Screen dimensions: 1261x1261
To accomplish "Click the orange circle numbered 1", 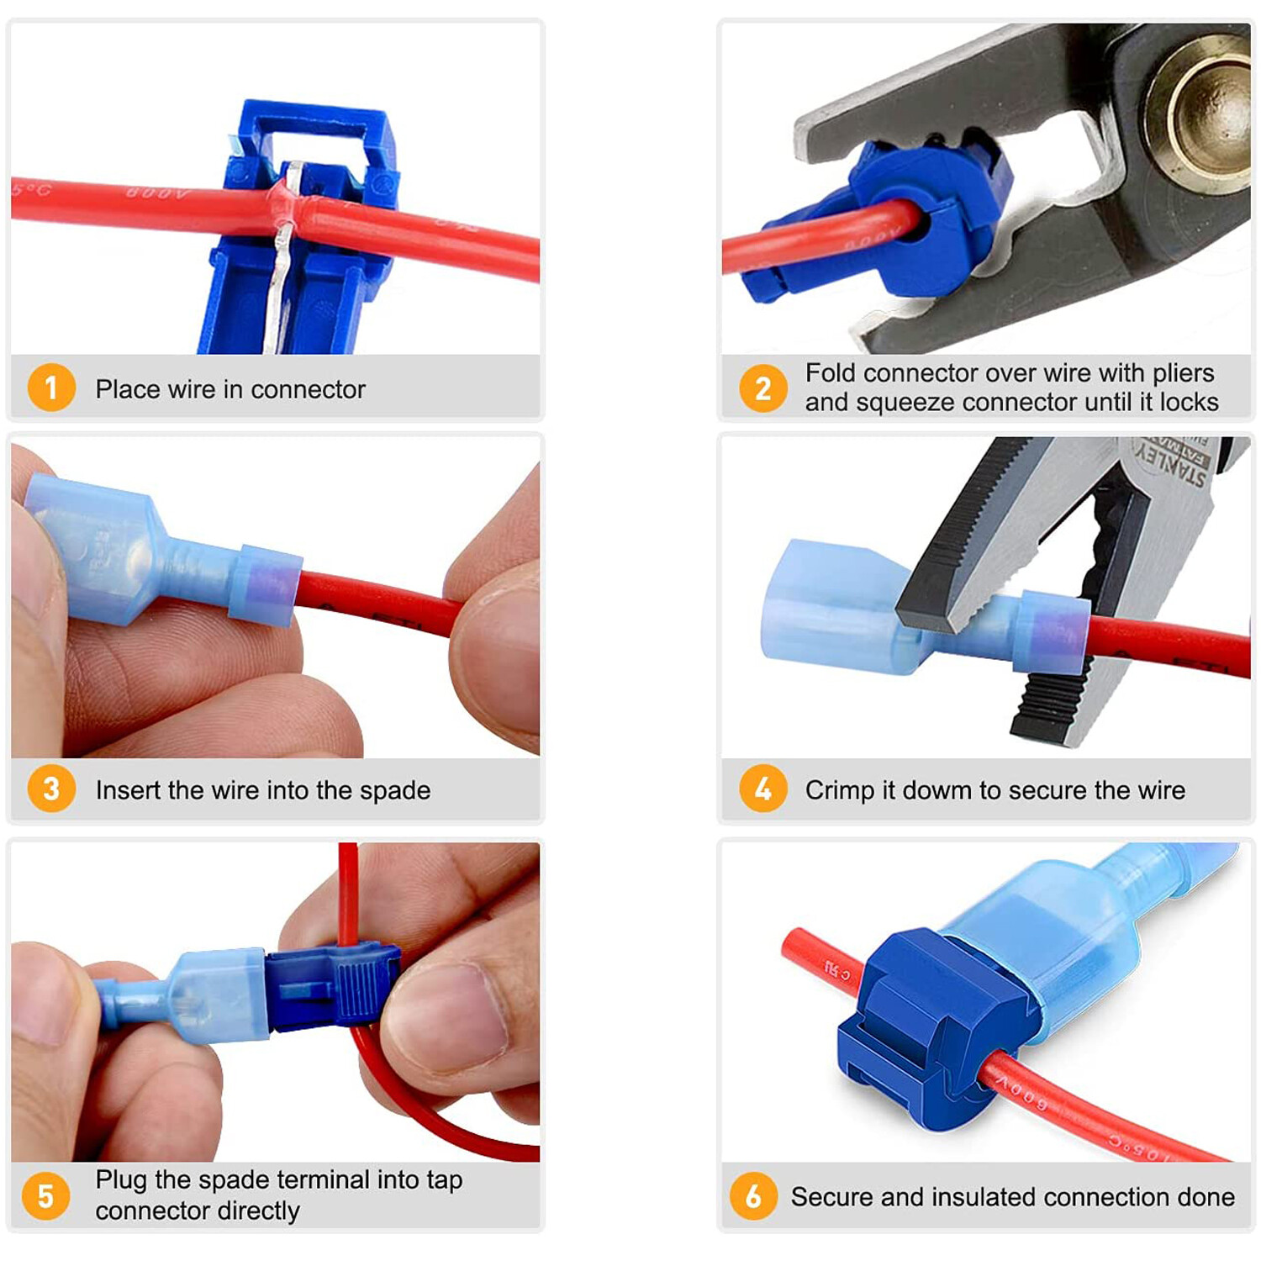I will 51,388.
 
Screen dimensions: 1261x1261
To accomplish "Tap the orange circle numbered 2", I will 762,388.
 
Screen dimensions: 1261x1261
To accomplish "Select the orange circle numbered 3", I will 51,789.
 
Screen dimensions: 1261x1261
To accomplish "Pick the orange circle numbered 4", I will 762,789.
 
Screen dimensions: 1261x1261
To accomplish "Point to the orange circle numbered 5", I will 46,1195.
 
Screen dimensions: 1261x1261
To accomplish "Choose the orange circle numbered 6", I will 753,1195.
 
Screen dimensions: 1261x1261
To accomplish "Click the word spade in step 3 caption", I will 394,790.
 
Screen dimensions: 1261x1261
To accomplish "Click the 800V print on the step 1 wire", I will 158,194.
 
